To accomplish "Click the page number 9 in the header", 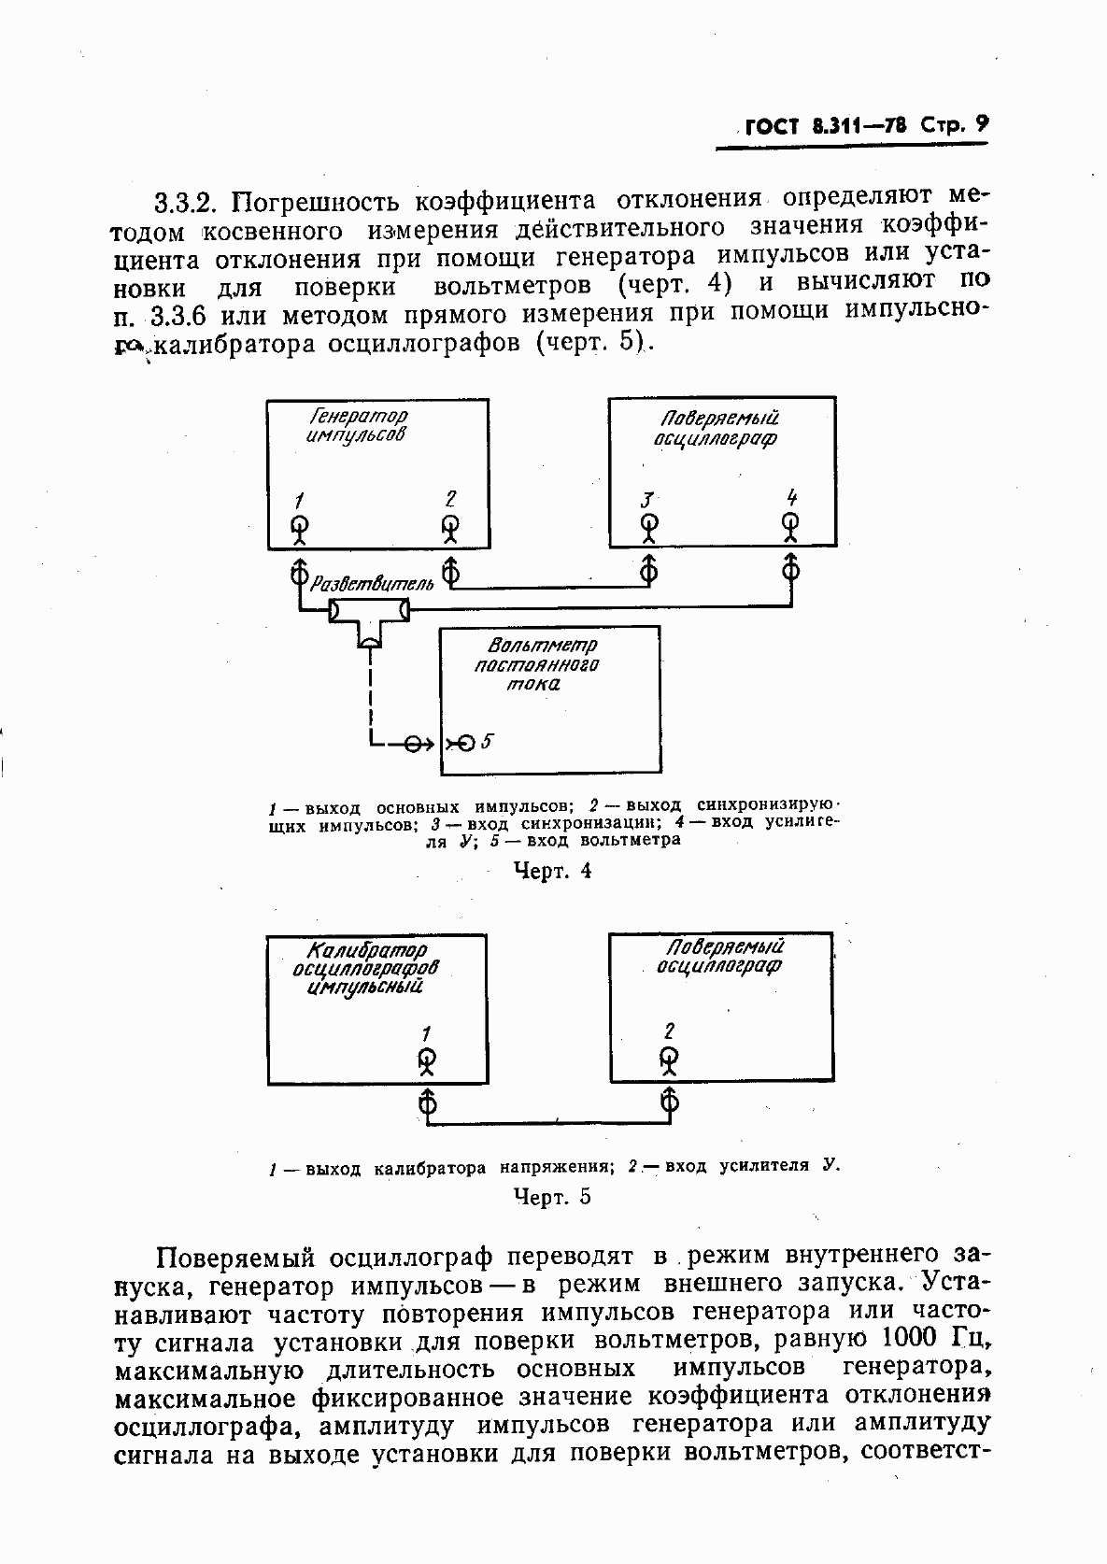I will [980, 124].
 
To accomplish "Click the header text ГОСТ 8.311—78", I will [826, 126].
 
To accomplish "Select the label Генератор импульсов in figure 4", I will [357, 425].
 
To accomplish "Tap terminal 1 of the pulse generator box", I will [299, 527].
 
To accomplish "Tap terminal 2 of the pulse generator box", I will [450, 527].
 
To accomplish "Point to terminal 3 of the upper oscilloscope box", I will [648, 527].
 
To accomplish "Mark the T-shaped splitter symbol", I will [370, 618].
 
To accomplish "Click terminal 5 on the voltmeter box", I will [464, 743].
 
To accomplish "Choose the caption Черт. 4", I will [554, 871].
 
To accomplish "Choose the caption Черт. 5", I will [553, 1197].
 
